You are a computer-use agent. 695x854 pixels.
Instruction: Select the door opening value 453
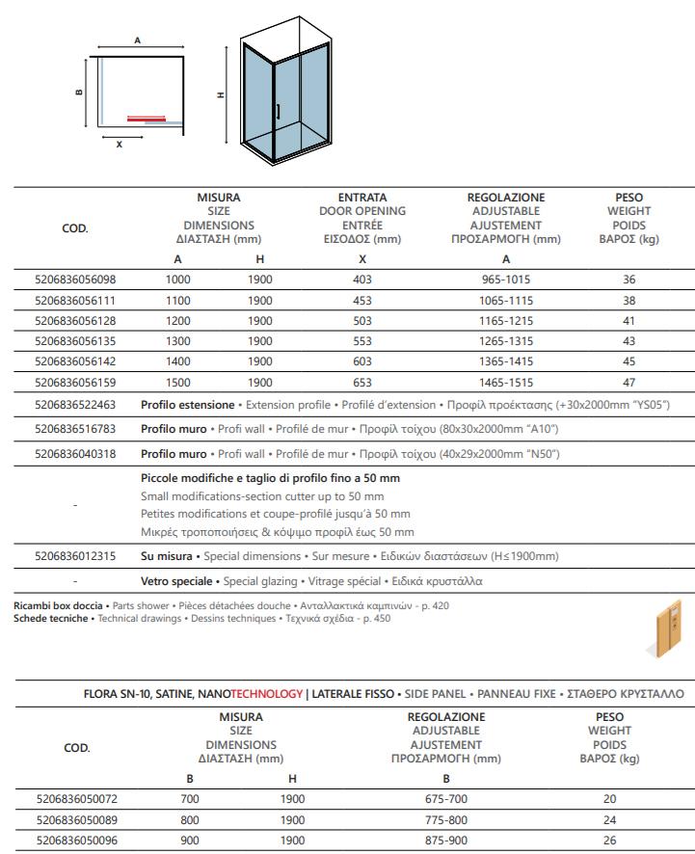tap(362, 300)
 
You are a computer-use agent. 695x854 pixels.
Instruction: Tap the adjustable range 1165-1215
tap(506, 321)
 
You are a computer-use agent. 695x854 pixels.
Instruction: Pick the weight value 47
tap(629, 383)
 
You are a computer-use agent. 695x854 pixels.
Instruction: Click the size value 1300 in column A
tap(177, 341)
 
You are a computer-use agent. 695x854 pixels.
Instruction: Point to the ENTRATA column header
tap(362, 198)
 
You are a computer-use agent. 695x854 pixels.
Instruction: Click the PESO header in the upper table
tap(629, 198)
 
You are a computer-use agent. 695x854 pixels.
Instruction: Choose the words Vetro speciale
tap(177, 581)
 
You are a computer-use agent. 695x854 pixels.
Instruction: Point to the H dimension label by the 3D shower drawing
tap(221, 95)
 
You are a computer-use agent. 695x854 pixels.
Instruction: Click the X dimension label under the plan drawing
tap(119, 146)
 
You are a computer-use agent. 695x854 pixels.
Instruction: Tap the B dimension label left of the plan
tap(79, 93)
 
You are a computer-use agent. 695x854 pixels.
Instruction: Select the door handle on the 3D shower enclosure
tap(277, 112)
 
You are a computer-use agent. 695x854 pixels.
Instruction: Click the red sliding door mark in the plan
tap(147, 119)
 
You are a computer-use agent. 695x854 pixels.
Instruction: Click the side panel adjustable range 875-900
tap(446, 840)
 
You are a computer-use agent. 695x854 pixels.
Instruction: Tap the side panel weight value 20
tap(610, 799)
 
